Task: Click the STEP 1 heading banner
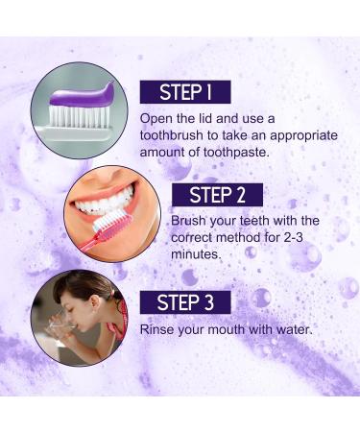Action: tap(184, 92)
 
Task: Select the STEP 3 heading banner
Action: tap(185, 301)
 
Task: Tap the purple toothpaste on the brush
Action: tap(82, 94)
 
